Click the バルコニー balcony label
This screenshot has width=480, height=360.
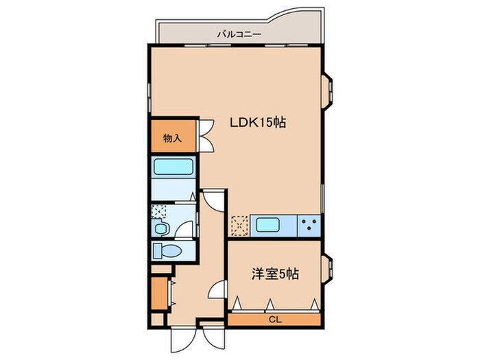pos(237,32)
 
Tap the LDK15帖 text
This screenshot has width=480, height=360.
pos(257,123)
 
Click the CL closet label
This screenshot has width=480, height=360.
pos(274,320)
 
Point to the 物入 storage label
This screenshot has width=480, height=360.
pos(172,139)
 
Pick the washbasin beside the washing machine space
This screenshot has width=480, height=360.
pos(161,228)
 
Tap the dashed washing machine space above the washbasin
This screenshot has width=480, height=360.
pos(158,212)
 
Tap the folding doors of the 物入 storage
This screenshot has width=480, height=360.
pos(206,136)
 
